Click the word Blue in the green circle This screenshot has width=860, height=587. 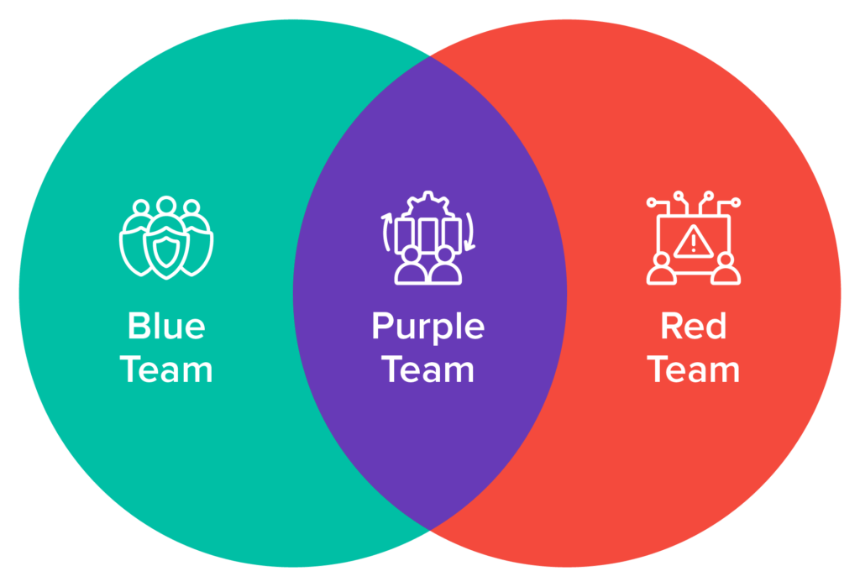[x=165, y=327]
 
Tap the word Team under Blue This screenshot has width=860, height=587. [x=167, y=369]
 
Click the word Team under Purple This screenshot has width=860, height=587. [x=428, y=369]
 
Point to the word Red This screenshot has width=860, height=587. [x=694, y=327]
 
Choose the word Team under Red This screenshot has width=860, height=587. [x=694, y=369]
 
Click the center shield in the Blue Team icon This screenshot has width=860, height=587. [x=166, y=249]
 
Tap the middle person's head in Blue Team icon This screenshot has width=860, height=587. [x=166, y=207]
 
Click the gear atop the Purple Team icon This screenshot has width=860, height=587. [x=428, y=205]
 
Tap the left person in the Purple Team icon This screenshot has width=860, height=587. [x=411, y=265]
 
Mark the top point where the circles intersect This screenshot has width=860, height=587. [x=430, y=56]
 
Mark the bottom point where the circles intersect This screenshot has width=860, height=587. [x=430, y=530]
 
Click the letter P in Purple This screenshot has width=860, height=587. [x=382, y=327]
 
